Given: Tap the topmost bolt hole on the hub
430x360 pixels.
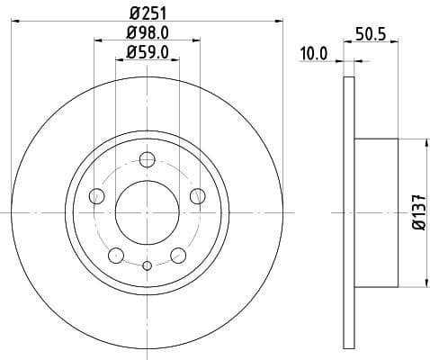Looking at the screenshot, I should [148, 161].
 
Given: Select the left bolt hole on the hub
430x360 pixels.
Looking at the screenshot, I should [98, 196].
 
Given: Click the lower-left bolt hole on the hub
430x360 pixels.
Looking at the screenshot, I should [116, 255].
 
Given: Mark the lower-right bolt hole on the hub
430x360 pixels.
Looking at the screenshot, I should [179, 255].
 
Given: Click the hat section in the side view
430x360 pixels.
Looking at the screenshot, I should [376, 212].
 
